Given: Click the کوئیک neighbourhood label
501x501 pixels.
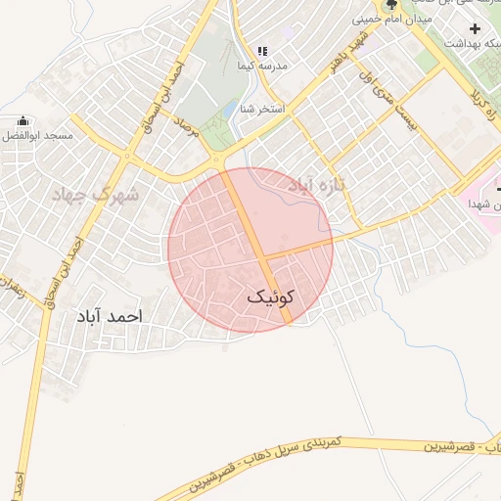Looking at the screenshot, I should coord(271,296).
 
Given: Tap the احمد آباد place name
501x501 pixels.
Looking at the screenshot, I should coord(109,317).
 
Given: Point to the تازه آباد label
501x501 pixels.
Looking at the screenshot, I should coord(320,184).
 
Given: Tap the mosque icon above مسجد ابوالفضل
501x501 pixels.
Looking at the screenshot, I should coord(23,120).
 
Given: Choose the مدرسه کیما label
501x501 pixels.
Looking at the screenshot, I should coord(258,67).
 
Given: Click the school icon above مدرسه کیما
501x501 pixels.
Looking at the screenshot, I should coord(261,51).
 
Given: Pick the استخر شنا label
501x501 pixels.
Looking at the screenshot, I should coord(265,108).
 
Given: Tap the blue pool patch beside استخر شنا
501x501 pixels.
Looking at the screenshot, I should coord(231,108).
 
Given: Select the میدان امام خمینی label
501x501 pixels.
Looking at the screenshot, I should coord(391,19).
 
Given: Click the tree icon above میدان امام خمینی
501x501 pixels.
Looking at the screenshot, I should coord(390,5).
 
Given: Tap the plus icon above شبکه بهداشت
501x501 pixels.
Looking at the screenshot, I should coord(475,28).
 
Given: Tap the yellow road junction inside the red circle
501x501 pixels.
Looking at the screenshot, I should coord(265,258).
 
